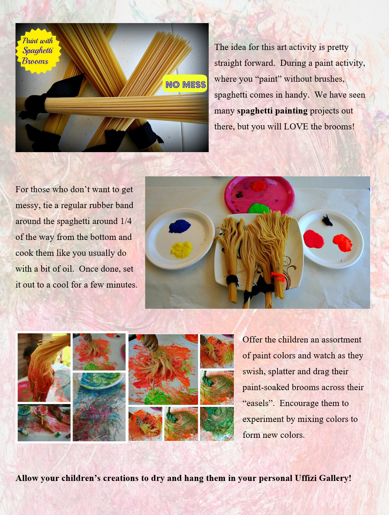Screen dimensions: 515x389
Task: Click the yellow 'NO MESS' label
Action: pyautogui.click(x=185, y=84)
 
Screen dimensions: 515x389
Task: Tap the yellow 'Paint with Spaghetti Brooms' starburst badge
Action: pyautogui.click(x=37, y=51)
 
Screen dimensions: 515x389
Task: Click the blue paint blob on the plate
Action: pyautogui.click(x=180, y=226)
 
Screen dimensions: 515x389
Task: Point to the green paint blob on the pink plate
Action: pyautogui.click(x=259, y=208)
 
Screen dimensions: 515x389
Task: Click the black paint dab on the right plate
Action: pyautogui.click(x=327, y=220)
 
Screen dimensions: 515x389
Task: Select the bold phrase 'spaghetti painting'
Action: pyautogui.click(x=272, y=110)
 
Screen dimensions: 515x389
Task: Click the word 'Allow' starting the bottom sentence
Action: pyautogui.click(x=27, y=478)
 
